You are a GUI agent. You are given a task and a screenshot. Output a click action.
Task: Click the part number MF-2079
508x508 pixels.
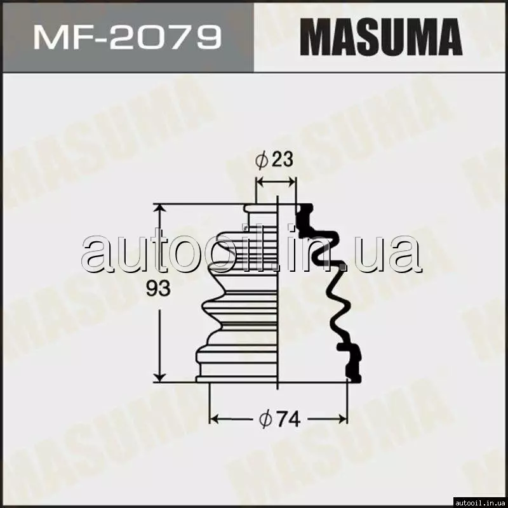(128, 37)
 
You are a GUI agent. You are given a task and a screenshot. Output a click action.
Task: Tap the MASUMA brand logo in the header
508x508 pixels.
(381, 37)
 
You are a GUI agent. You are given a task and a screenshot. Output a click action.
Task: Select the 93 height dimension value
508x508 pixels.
(158, 288)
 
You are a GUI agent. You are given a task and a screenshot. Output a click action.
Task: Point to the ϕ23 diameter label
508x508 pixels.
(274, 160)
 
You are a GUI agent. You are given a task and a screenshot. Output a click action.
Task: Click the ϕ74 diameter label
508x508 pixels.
(280, 419)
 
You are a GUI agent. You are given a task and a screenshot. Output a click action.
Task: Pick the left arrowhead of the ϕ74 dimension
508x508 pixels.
(214, 419)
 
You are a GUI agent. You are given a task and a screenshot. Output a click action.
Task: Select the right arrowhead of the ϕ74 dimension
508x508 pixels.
(343, 419)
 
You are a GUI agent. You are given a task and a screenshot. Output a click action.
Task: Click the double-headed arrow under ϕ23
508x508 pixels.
(276, 182)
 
